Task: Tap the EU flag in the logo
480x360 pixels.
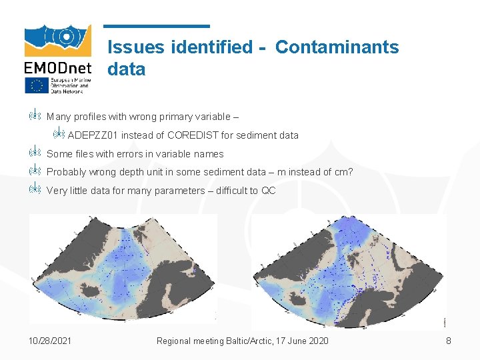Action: tap(37, 85)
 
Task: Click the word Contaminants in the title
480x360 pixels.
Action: tap(337, 47)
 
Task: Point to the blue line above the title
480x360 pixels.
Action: tap(157, 27)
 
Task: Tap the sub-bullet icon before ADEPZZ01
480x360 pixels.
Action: tap(58, 135)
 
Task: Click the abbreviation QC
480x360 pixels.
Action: tap(268, 191)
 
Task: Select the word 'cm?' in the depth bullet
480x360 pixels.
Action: tap(343, 172)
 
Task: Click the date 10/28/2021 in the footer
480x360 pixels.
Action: tap(51, 341)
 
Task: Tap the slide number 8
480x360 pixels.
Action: tap(449, 341)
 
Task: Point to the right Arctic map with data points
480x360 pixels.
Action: tap(348, 270)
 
